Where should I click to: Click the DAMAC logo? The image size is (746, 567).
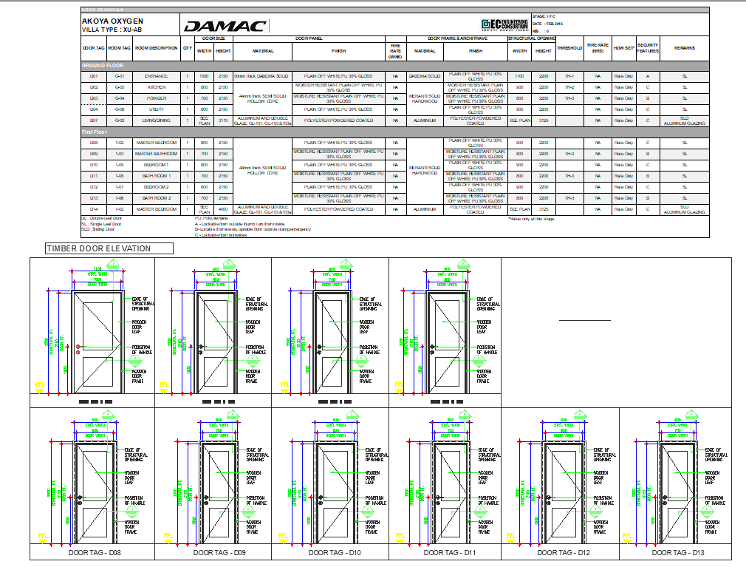(225, 26)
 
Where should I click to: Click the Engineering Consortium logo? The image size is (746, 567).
(504, 25)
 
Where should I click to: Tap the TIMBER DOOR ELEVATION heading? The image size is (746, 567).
(98, 249)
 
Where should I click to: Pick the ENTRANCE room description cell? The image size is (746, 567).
(156, 76)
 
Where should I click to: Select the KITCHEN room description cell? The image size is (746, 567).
(156, 87)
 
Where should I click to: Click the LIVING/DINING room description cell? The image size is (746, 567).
(156, 120)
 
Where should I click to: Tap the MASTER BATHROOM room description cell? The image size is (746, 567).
(156, 154)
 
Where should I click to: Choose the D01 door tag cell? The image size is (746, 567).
(94, 76)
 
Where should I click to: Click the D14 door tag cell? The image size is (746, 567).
(94, 209)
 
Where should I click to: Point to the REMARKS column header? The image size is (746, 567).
(684, 48)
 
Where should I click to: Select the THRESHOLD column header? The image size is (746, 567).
(569, 48)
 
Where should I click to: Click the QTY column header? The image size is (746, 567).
(188, 48)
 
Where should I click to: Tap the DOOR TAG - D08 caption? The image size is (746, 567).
(91, 552)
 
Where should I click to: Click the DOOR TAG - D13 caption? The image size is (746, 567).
(679, 552)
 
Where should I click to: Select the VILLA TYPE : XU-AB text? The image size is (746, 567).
(112, 30)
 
